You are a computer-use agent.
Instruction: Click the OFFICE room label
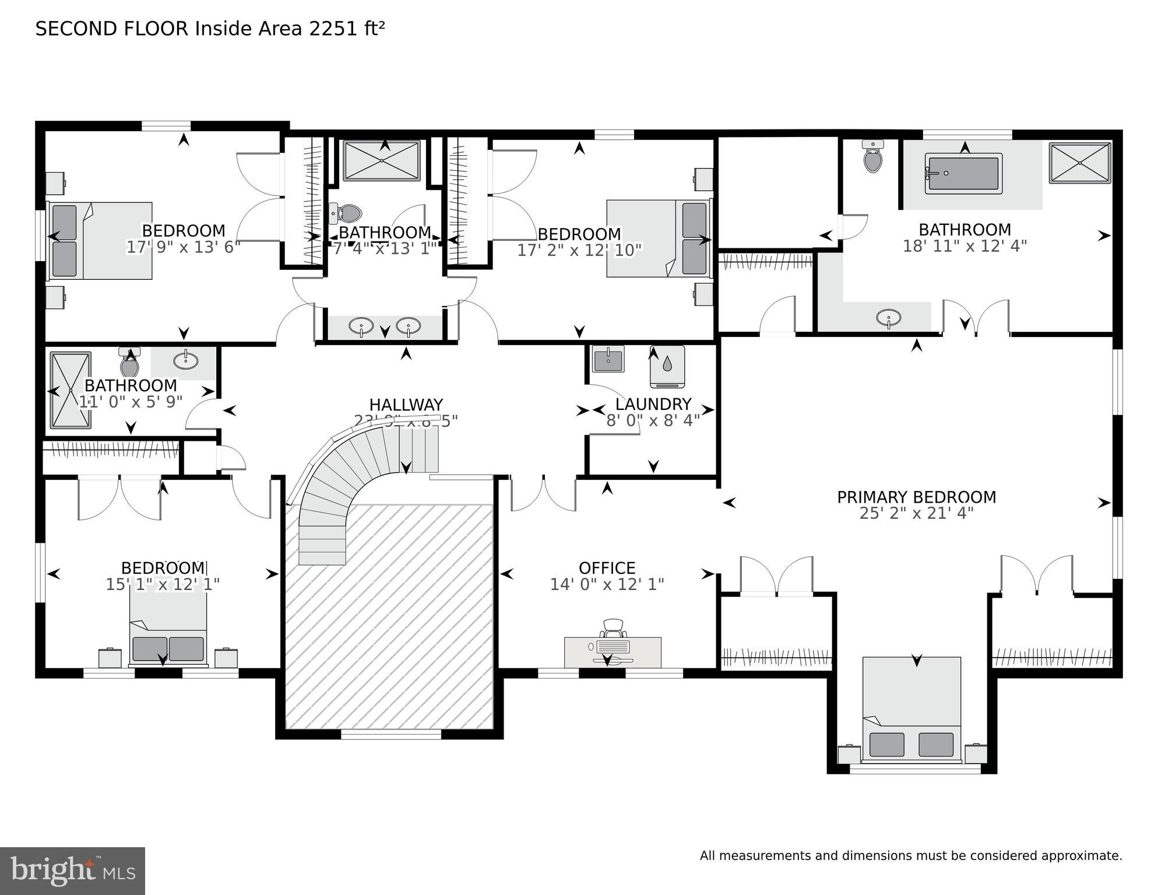coord(607,567)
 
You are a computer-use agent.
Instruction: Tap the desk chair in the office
coord(613,629)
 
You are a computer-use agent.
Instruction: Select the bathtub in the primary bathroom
coord(963,173)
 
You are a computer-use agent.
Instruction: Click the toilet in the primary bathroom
coord(872,157)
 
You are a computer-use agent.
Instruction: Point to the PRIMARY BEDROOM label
coord(916,497)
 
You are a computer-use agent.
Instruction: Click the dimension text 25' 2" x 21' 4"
coord(916,513)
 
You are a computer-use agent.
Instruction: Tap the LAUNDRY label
coord(653,403)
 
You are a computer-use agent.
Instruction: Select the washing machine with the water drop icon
coord(667,366)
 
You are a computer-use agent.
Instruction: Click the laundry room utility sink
coord(608,358)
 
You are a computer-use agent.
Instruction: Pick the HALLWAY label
coord(406,404)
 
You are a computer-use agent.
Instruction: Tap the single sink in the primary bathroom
coord(888,318)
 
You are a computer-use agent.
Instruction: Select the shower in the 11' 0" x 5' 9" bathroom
coord(71,389)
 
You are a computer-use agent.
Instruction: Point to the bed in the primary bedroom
coord(911,708)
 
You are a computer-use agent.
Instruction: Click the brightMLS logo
coord(72,871)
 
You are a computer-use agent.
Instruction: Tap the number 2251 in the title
coord(330,29)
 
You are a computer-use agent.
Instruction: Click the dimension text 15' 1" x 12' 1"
coord(163,584)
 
